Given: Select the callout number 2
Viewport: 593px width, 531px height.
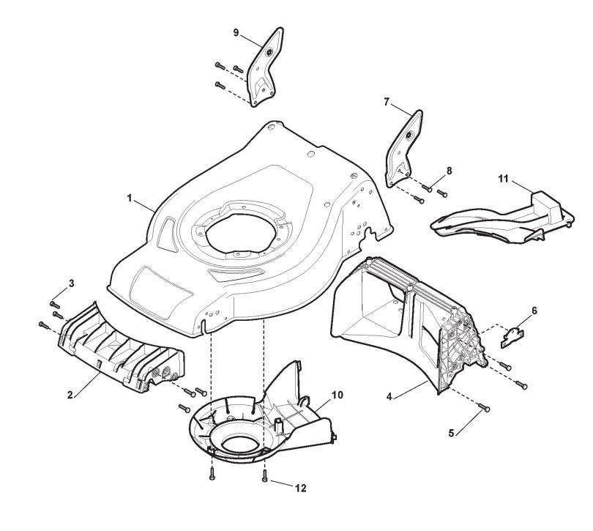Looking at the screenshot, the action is (x=70, y=395).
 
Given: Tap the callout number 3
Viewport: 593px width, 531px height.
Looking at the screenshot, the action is (x=71, y=283).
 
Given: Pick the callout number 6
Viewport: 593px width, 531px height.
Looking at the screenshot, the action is (x=534, y=311).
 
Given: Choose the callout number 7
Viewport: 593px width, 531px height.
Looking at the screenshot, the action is (x=386, y=103).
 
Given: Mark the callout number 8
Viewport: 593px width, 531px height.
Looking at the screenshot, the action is (x=449, y=171).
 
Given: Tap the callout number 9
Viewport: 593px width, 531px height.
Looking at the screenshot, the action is (x=236, y=33).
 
